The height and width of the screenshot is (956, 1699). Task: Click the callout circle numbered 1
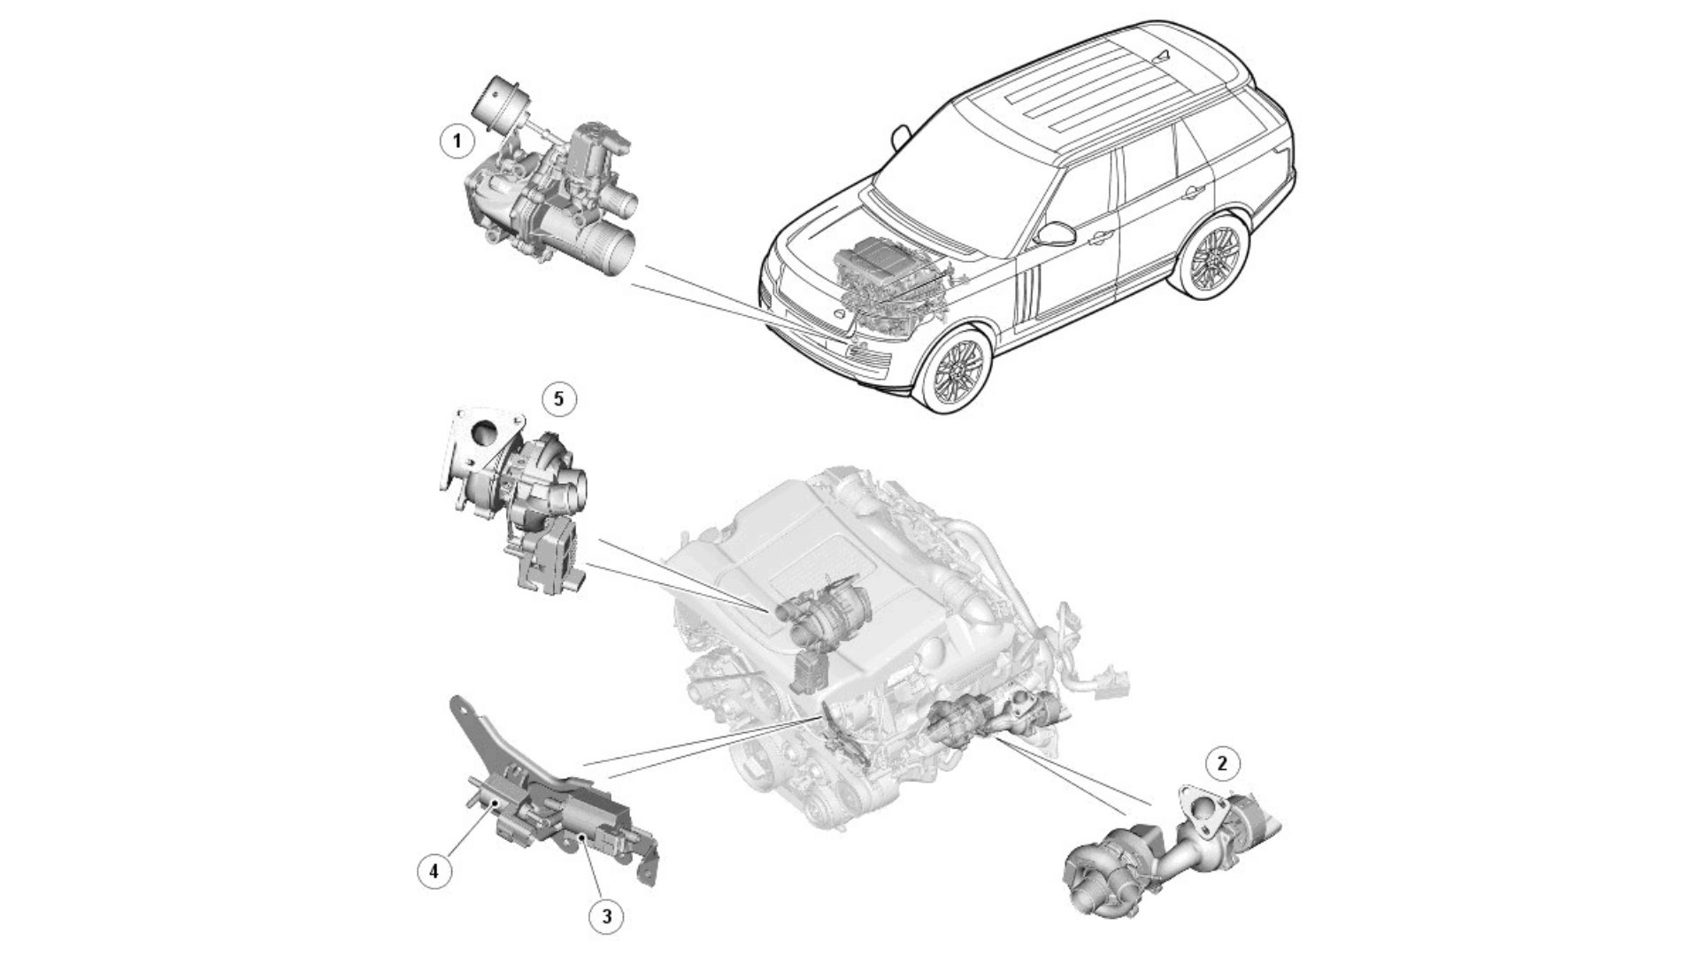click(457, 141)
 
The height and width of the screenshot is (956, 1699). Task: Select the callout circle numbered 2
click(1223, 763)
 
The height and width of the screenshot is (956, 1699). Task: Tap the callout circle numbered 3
click(606, 917)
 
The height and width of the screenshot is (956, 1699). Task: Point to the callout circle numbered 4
click(434, 871)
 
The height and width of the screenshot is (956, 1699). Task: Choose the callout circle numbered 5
click(557, 399)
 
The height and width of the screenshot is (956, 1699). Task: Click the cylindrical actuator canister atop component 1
click(493, 102)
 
